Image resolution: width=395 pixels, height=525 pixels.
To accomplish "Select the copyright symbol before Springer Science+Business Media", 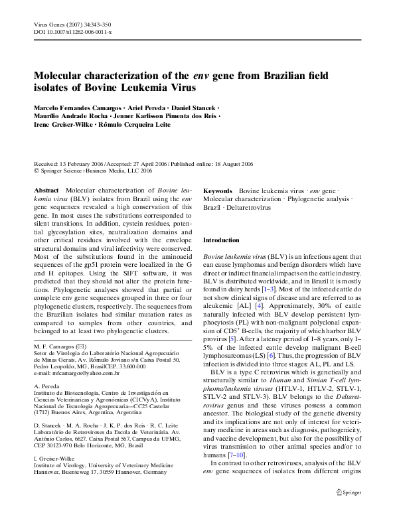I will pyautogui.click(x=36, y=171).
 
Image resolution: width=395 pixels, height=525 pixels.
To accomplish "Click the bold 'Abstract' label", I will pyautogui.click(x=46, y=190).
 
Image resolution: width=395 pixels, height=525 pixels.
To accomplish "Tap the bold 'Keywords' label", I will pyautogui.click(x=218, y=190).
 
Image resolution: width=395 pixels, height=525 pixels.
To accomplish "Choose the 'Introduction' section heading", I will pyautogui.click(x=221, y=240).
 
